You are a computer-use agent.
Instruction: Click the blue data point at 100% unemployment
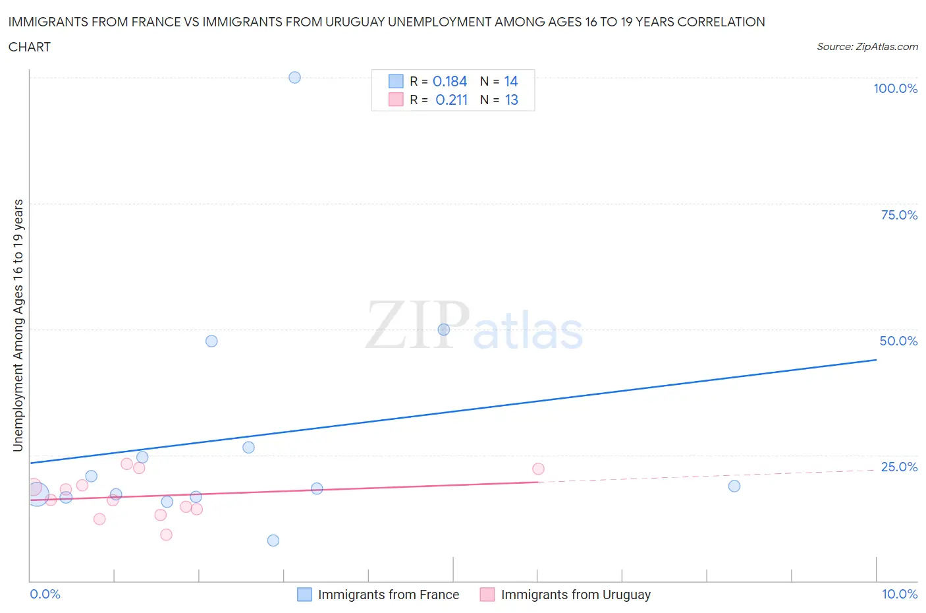[294, 77]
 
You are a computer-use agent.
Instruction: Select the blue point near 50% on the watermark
[444, 330]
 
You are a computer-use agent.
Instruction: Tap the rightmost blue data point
[734, 486]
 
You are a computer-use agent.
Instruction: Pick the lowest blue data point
[273, 540]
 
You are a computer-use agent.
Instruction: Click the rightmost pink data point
[538, 469]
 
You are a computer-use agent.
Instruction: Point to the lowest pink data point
[166, 535]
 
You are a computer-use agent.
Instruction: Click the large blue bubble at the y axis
[37, 494]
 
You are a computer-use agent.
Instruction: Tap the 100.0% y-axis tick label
[895, 88]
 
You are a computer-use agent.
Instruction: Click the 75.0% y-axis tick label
[899, 215]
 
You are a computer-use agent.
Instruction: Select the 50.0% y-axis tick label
[898, 341]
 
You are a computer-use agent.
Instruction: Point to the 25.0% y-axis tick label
[899, 467]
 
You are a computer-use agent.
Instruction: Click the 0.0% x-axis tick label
[45, 594]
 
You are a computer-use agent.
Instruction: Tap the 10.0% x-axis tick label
[900, 594]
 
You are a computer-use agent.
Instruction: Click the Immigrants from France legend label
[388, 595]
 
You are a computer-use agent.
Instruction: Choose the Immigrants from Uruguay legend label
[575, 595]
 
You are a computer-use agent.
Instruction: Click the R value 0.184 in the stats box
[450, 81]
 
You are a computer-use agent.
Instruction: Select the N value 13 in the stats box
[511, 100]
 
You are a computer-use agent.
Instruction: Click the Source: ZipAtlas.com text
[867, 46]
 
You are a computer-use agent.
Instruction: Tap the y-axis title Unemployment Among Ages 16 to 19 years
[18, 325]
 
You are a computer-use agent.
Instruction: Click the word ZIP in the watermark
[417, 326]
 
